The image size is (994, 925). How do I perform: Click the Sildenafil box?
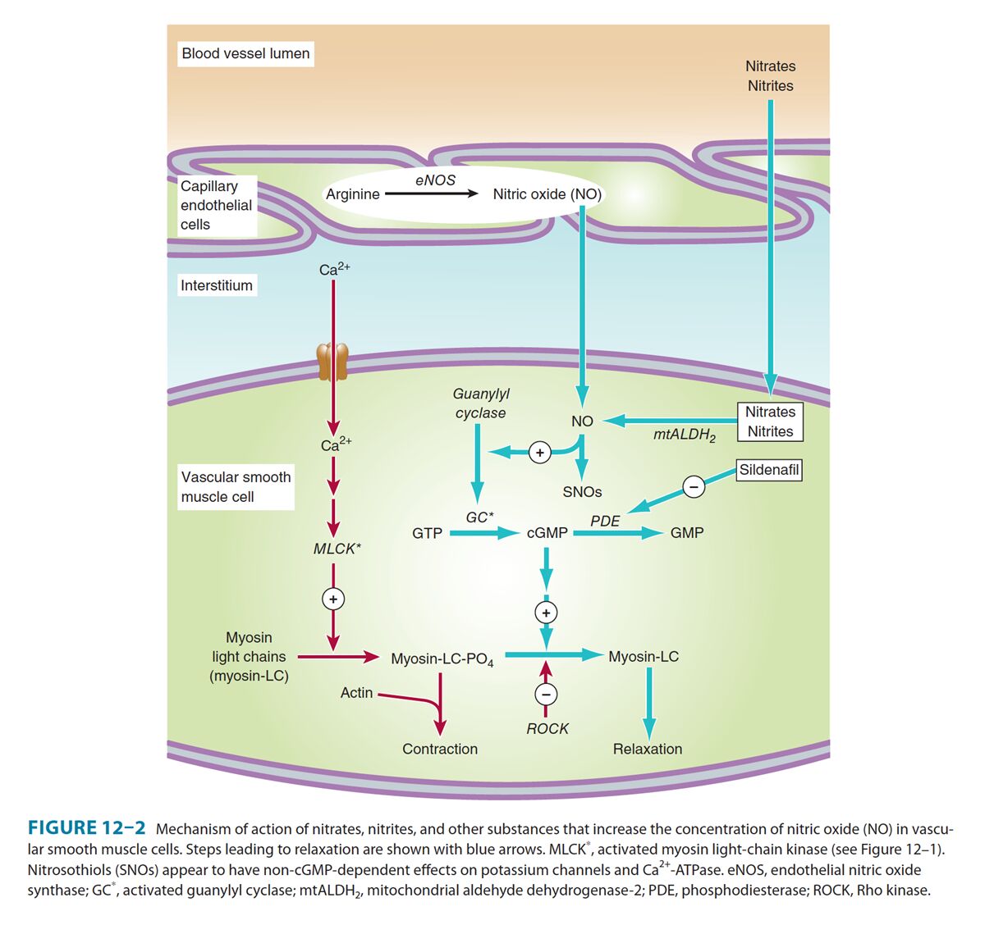click(x=769, y=470)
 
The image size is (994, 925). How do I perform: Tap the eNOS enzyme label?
click(x=435, y=180)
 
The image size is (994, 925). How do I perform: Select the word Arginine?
click(x=353, y=194)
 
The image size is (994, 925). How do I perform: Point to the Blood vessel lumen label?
click(x=245, y=53)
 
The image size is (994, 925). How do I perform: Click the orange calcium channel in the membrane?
click(x=332, y=362)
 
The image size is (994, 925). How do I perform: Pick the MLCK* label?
click(x=337, y=549)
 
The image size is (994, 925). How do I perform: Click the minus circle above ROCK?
click(x=546, y=695)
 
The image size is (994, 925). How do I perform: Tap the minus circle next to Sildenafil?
click(x=694, y=486)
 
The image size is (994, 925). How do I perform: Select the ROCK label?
click(x=547, y=729)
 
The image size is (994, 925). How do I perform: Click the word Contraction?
click(x=440, y=749)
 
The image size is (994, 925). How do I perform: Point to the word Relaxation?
click(x=648, y=749)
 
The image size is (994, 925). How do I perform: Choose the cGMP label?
click(x=547, y=533)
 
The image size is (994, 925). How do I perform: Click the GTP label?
click(x=427, y=533)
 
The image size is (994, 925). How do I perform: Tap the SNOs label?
click(x=582, y=492)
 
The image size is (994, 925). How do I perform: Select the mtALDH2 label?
click(x=684, y=435)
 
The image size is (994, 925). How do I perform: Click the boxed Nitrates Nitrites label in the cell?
click(x=770, y=421)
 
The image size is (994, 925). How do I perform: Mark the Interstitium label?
click(x=217, y=285)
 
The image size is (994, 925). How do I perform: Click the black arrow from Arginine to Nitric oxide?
click(x=431, y=194)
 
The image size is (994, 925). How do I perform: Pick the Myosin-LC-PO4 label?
click(x=442, y=659)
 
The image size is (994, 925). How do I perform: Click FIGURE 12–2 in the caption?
click(x=87, y=828)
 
